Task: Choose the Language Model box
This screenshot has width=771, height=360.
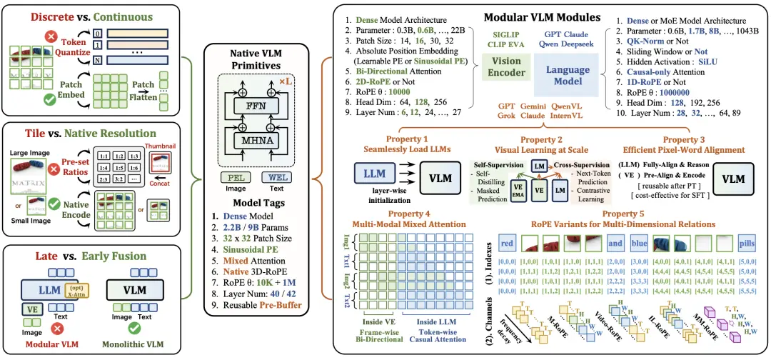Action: (568, 70)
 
